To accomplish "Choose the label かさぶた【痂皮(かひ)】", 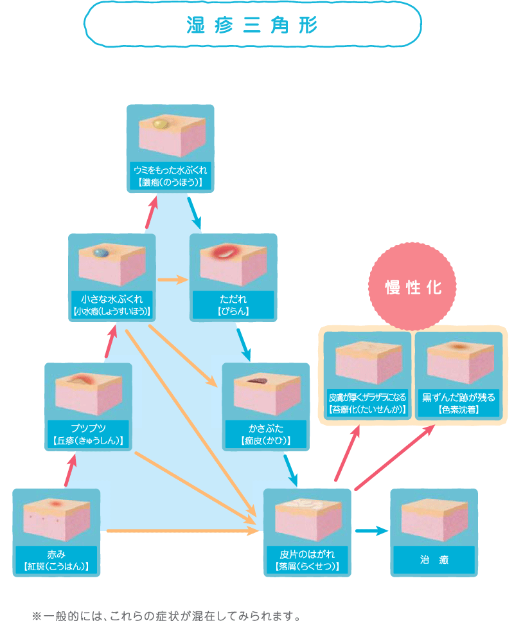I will click(265, 435).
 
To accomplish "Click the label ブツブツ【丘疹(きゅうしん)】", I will click(88, 435).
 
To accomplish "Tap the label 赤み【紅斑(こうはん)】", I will click(57, 561).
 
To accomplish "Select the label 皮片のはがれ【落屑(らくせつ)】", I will click(307, 561).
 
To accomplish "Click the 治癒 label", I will click(434, 560).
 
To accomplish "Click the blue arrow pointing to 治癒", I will click(372, 531).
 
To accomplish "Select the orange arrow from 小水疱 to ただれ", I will click(172, 280).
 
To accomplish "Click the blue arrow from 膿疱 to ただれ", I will click(195, 213).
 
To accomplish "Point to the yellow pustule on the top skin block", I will click(160, 122).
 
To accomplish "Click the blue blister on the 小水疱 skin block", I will click(100, 253).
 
